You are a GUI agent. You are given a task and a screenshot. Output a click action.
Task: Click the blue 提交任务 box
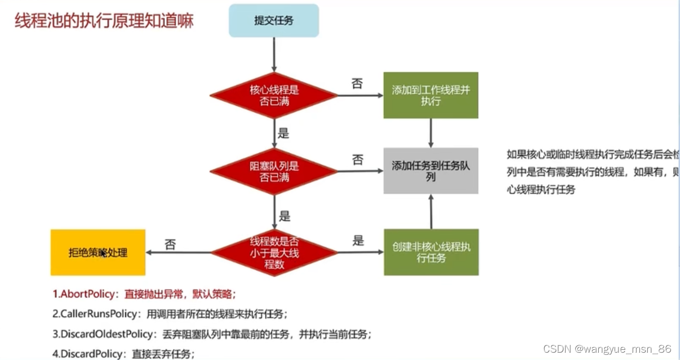[x=274, y=20]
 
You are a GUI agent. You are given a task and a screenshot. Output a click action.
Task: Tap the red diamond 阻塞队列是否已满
[x=274, y=171]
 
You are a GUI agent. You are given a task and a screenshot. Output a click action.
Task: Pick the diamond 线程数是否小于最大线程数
[x=274, y=252]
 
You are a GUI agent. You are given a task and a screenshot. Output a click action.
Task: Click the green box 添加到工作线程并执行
[x=431, y=95]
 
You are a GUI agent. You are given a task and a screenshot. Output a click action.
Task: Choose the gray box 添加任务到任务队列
[x=431, y=171]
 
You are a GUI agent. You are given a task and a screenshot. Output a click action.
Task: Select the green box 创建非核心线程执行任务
[x=431, y=252]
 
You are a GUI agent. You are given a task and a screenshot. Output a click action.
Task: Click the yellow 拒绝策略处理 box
[x=98, y=252]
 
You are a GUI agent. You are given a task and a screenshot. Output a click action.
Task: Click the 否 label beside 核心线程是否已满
[x=357, y=84]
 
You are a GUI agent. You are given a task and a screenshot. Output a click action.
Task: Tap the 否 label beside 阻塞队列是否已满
[x=357, y=159]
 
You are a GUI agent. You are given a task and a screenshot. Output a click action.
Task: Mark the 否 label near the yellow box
[x=170, y=244]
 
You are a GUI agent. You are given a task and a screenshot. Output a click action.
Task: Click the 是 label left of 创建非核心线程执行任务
[x=358, y=241]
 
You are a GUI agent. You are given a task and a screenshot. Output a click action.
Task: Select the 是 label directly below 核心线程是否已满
[x=284, y=134]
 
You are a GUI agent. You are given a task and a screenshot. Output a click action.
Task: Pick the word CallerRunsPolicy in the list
[x=96, y=314]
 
